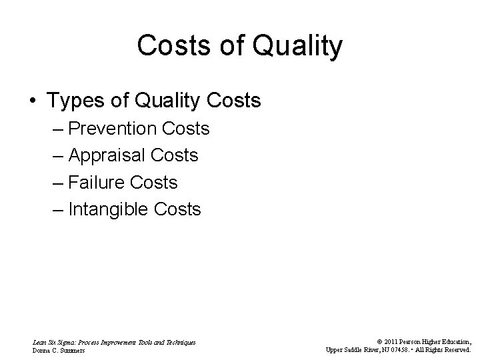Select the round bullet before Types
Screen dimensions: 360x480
[x=33, y=101]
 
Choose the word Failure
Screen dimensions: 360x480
[x=94, y=182]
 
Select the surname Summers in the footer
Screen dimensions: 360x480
[x=73, y=349]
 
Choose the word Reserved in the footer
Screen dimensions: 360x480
[x=457, y=349]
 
